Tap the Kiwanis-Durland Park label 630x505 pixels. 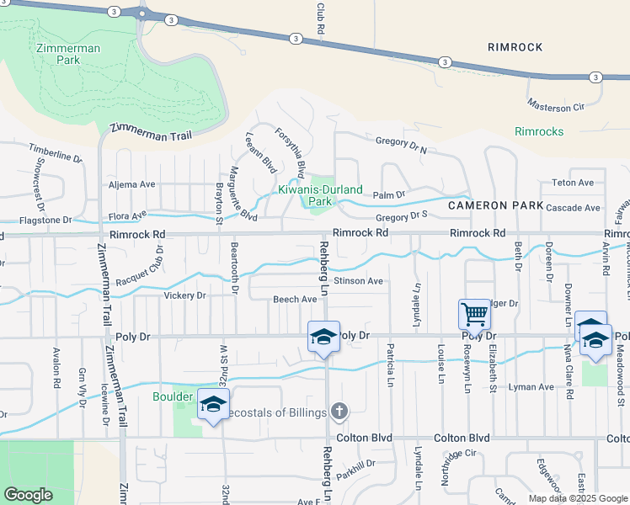click(318, 195)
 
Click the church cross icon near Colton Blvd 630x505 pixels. click(339, 411)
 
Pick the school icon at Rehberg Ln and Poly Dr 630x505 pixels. click(323, 337)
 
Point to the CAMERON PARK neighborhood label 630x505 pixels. click(489, 205)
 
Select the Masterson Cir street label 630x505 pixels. click(556, 107)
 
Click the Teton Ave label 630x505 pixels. click(573, 183)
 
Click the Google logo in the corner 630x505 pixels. click(28, 495)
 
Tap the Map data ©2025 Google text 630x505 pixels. click(577, 497)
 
